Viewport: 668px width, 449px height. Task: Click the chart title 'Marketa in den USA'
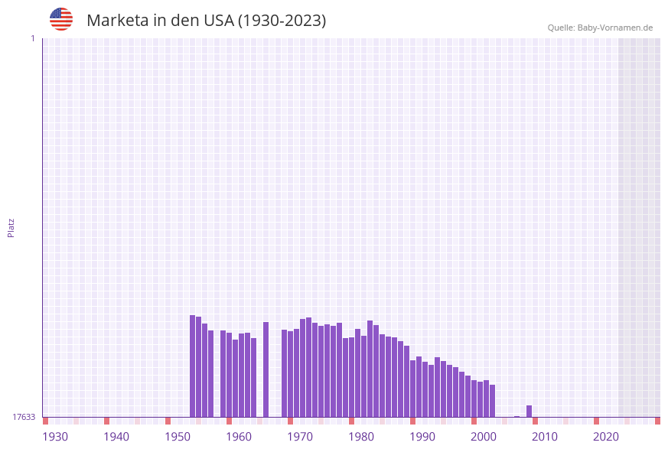pos(206,21)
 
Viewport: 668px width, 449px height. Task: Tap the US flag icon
pos(61,19)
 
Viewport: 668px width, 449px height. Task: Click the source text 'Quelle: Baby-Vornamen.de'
pos(600,28)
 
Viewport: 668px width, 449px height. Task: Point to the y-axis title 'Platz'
pos(11,227)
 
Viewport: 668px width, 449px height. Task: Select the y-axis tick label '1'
pos(32,38)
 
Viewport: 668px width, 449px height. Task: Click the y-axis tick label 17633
pos(24,417)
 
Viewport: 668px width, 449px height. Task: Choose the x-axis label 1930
pos(55,437)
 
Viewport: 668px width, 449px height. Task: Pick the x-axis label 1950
pos(178,437)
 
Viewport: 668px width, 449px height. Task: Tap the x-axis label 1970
pos(300,437)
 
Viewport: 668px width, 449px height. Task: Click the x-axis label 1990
pos(422,437)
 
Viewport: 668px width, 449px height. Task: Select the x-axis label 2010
pos(545,437)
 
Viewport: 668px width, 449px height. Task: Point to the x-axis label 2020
pos(606,437)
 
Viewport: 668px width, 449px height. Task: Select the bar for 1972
pos(303,368)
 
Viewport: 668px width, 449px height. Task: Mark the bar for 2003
pos(492,401)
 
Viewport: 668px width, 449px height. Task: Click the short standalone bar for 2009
pos(529,411)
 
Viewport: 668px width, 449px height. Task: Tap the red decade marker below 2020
pos(596,421)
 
